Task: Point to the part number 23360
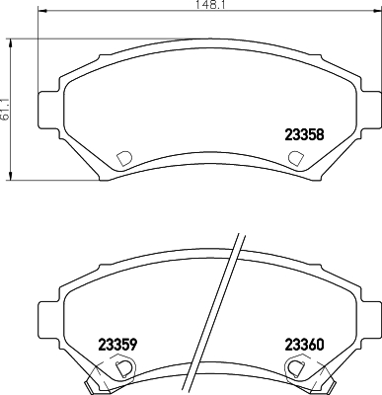point(305,345)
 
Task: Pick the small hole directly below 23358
point(294,158)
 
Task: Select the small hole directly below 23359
point(122,368)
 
